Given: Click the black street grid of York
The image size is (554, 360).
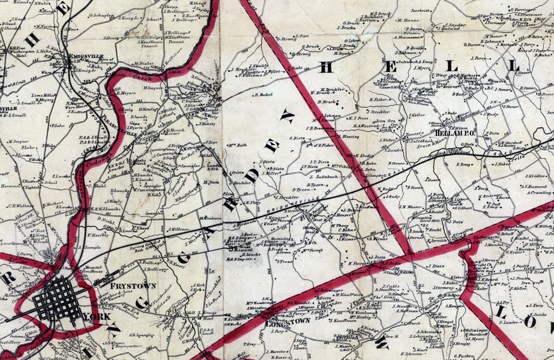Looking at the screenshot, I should (57, 298).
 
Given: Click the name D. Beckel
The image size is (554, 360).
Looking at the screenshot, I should (263, 94).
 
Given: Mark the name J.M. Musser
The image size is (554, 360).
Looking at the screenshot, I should (411, 208).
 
